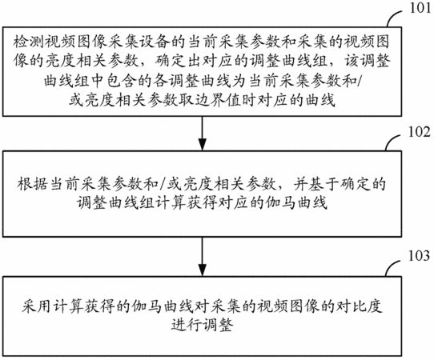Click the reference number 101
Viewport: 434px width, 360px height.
(420, 8)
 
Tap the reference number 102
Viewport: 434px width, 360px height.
(420, 132)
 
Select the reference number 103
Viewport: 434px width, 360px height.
(420, 255)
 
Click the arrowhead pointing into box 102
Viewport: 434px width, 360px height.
(203, 144)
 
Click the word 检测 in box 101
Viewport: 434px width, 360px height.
(28, 42)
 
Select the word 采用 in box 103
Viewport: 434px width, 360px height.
(36, 306)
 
